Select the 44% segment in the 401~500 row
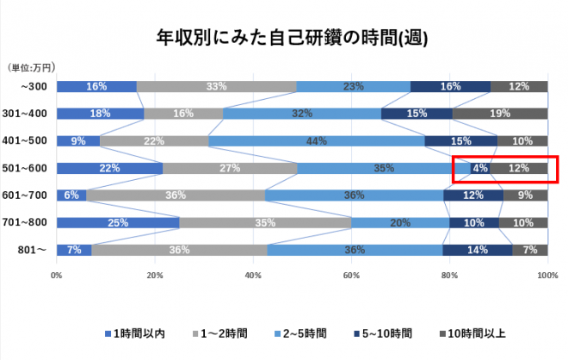pyautogui.click(x=317, y=141)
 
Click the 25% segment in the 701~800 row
pyautogui.click(x=118, y=223)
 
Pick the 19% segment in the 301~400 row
pyautogui.click(x=500, y=114)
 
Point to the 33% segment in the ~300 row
pyautogui.click(x=217, y=86)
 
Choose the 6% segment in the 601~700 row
pyautogui.click(x=71, y=196)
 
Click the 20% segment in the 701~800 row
pyautogui.click(x=401, y=223)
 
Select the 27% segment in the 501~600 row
pyautogui.click(x=230, y=168)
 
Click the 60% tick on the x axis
pyautogui.click(x=351, y=276)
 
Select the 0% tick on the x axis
pyautogui.click(x=57, y=276)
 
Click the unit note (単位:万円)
pyautogui.click(x=32, y=66)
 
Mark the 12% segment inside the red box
pyautogui.click(x=518, y=168)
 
